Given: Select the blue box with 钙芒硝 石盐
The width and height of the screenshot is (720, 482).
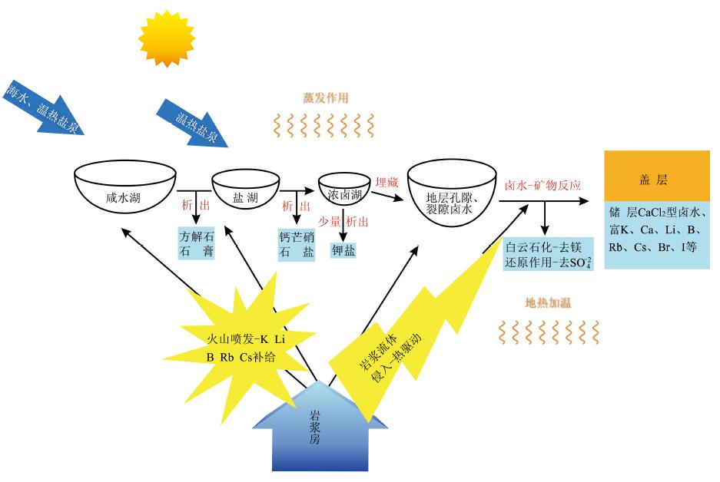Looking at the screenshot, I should (x=296, y=243).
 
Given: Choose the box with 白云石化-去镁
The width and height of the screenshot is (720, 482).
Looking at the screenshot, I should (x=548, y=255).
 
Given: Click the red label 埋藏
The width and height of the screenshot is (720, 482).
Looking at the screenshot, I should (x=386, y=183).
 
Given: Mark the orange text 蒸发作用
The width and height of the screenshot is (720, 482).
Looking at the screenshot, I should (x=326, y=97).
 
